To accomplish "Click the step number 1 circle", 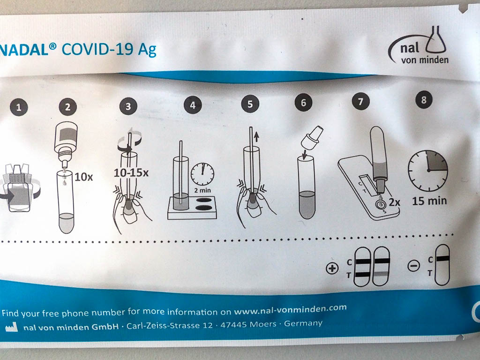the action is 19,107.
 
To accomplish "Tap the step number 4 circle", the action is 193,105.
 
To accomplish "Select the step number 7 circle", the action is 360,101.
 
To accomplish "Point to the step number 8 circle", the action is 424,100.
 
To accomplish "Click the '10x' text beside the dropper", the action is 83,177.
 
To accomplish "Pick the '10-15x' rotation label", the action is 131,173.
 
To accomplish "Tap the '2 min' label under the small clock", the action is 202,190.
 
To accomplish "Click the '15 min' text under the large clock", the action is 429,201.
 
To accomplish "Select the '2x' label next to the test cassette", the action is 395,202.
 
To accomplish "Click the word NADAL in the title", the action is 24,50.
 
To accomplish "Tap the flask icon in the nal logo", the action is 436,40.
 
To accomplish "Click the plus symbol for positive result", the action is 332,269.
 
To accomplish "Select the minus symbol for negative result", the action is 413,266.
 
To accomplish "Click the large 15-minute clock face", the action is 428,170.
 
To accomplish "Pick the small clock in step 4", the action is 202,174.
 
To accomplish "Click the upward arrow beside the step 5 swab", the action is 256,137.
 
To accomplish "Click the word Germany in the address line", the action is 303,323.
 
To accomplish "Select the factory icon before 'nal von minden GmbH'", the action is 12,327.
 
